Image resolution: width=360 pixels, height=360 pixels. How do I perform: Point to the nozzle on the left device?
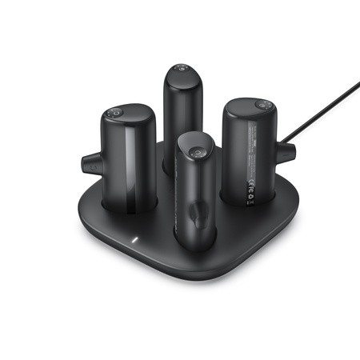(x=87, y=164)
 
